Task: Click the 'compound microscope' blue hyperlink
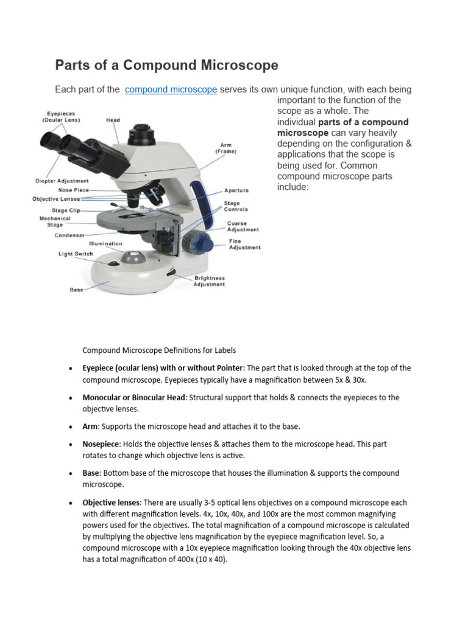point(171,89)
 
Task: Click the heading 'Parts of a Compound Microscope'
point(166,65)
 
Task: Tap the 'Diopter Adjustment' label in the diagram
point(62,181)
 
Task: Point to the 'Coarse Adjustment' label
point(243,226)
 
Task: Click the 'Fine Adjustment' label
point(244,245)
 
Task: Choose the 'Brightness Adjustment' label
point(209,281)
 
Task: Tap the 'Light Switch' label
point(76,254)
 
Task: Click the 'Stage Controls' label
point(236,206)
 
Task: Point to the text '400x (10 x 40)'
point(197,560)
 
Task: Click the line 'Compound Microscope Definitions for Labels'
point(159,350)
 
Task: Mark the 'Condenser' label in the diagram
point(69,235)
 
